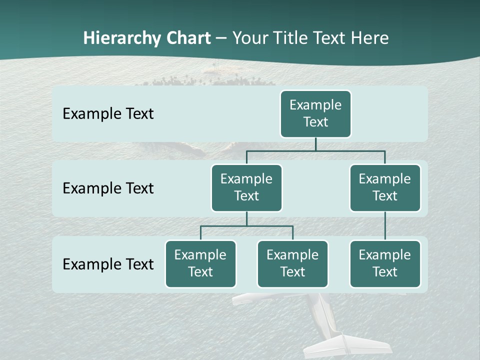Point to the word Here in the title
pyautogui.click(x=370, y=38)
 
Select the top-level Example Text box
pyautogui.click(x=315, y=114)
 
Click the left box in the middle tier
pyautogui.click(x=246, y=188)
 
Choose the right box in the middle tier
pyautogui.click(x=385, y=188)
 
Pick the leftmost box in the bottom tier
pyautogui.click(x=200, y=264)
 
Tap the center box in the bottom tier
pyautogui.click(x=292, y=264)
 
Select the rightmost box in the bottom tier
pyautogui.click(x=385, y=264)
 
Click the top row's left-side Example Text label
pyautogui.click(x=108, y=114)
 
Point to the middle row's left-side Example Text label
pyautogui.click(x=108, y=188)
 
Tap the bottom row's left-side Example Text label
pyautogui.click(x=108, y=264)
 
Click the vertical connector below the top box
pyautogui.click(x=315, y=144)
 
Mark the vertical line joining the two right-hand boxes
pyautogui.click(x=385, y=226)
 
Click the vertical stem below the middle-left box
pyautogui.click(x=246, y=218)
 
